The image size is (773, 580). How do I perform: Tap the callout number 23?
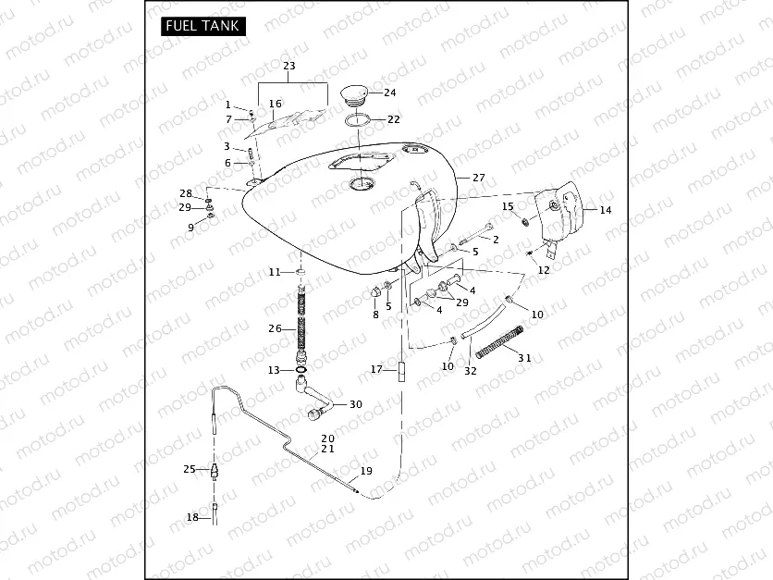(x=288, y=67)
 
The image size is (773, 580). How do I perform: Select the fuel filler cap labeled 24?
(x=354, y=95)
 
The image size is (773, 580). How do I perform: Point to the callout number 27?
(x=478, y=177)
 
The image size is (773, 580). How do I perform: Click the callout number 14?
(x=605, y=210)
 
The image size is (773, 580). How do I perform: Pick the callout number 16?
(x=275, y=104)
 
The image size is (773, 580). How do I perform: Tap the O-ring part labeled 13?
(x=302, y=371)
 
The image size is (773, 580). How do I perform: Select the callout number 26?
(x=275, y=328)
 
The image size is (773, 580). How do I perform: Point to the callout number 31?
(x=523, y=358)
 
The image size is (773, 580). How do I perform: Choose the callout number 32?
(x=470, y=371)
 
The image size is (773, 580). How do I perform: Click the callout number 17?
(x=376, y=369)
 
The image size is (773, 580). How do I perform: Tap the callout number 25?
(x=190, y=469)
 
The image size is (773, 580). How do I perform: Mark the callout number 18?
(x=192, y=517)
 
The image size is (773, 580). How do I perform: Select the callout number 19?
(x=366, y=471)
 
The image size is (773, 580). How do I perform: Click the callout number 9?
(x=190, y=228)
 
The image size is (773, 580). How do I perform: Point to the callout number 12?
(x=544, y=270)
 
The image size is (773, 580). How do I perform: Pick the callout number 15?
(x=508, y=206)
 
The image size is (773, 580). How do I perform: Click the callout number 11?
(x=274, y=272)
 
